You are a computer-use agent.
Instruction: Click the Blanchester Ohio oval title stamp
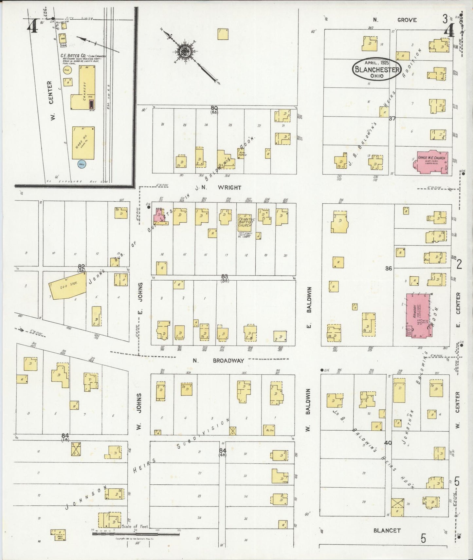point(376,69)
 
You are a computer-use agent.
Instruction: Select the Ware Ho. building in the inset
point(83,143)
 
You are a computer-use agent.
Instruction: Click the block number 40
point(388,443)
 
